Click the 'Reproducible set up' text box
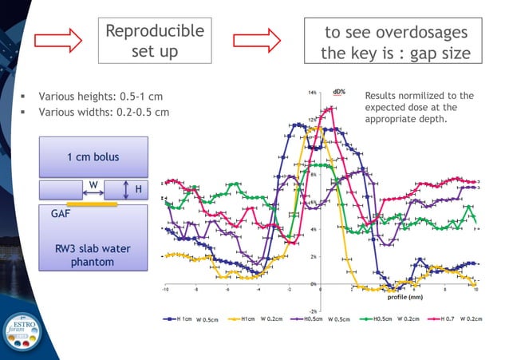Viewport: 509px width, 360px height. (155, 41)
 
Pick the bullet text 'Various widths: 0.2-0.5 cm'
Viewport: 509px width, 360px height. (104, 112)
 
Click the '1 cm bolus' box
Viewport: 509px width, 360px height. (93, 156)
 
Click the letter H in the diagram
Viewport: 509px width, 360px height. (137, 189)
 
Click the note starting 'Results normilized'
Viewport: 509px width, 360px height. (418, 107)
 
